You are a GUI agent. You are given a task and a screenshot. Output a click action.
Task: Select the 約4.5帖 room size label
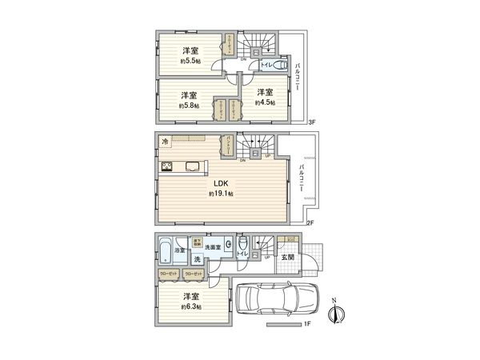[x=266, y=102]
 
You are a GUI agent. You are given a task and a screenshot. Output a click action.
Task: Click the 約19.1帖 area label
[x=222, y=194]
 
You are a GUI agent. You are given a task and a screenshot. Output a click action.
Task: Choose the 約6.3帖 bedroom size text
[x=190, y=306]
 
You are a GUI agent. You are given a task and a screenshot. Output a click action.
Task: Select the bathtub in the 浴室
[x=165, y=251]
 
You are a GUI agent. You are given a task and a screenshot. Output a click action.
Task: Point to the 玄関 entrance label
[x=286, y=257]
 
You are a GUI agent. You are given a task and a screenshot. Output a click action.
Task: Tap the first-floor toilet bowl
[x=239, y=245]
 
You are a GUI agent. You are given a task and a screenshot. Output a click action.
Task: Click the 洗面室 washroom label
[x=212, y=248]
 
